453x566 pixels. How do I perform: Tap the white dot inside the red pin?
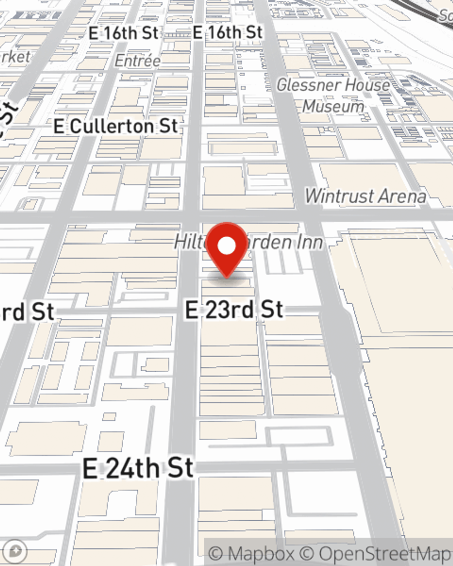pos(227,246)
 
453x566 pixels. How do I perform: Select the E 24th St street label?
pos(138,468)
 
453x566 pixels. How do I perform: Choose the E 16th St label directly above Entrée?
pos(124,33)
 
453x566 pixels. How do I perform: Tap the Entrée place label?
pos(137,61)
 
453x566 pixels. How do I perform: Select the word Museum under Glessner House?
pos(333,106)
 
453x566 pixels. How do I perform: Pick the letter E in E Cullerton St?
pos(59,126)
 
